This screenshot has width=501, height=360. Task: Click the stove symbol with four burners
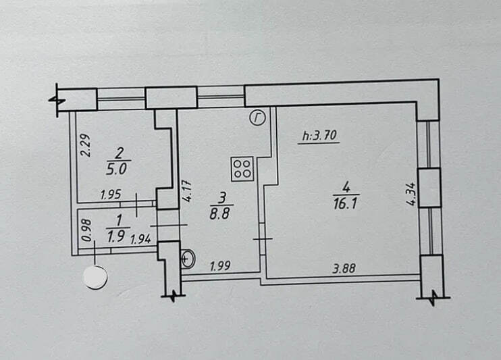point(242,168)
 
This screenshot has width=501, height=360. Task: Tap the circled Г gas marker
point(257,118)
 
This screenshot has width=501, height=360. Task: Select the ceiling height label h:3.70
point(319,136)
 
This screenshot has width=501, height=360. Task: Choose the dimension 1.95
point(110,195)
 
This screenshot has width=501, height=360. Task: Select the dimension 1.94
point(140,238)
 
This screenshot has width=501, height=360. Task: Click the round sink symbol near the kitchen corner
point(188,257)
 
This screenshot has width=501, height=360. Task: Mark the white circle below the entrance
point(95,277)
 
